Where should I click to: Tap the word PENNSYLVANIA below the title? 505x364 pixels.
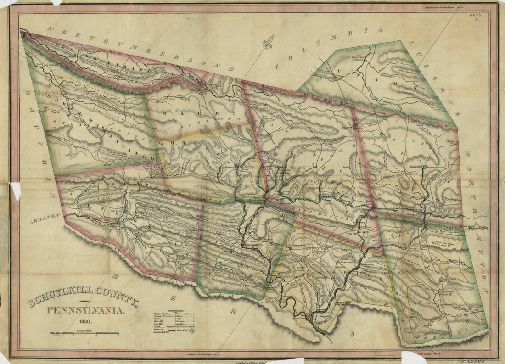[x=85, y=311]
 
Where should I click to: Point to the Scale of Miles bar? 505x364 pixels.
[x=84, y=333]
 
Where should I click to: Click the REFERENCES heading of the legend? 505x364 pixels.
[x=175, y=311]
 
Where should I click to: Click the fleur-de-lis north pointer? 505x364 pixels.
[x=268, y=44]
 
